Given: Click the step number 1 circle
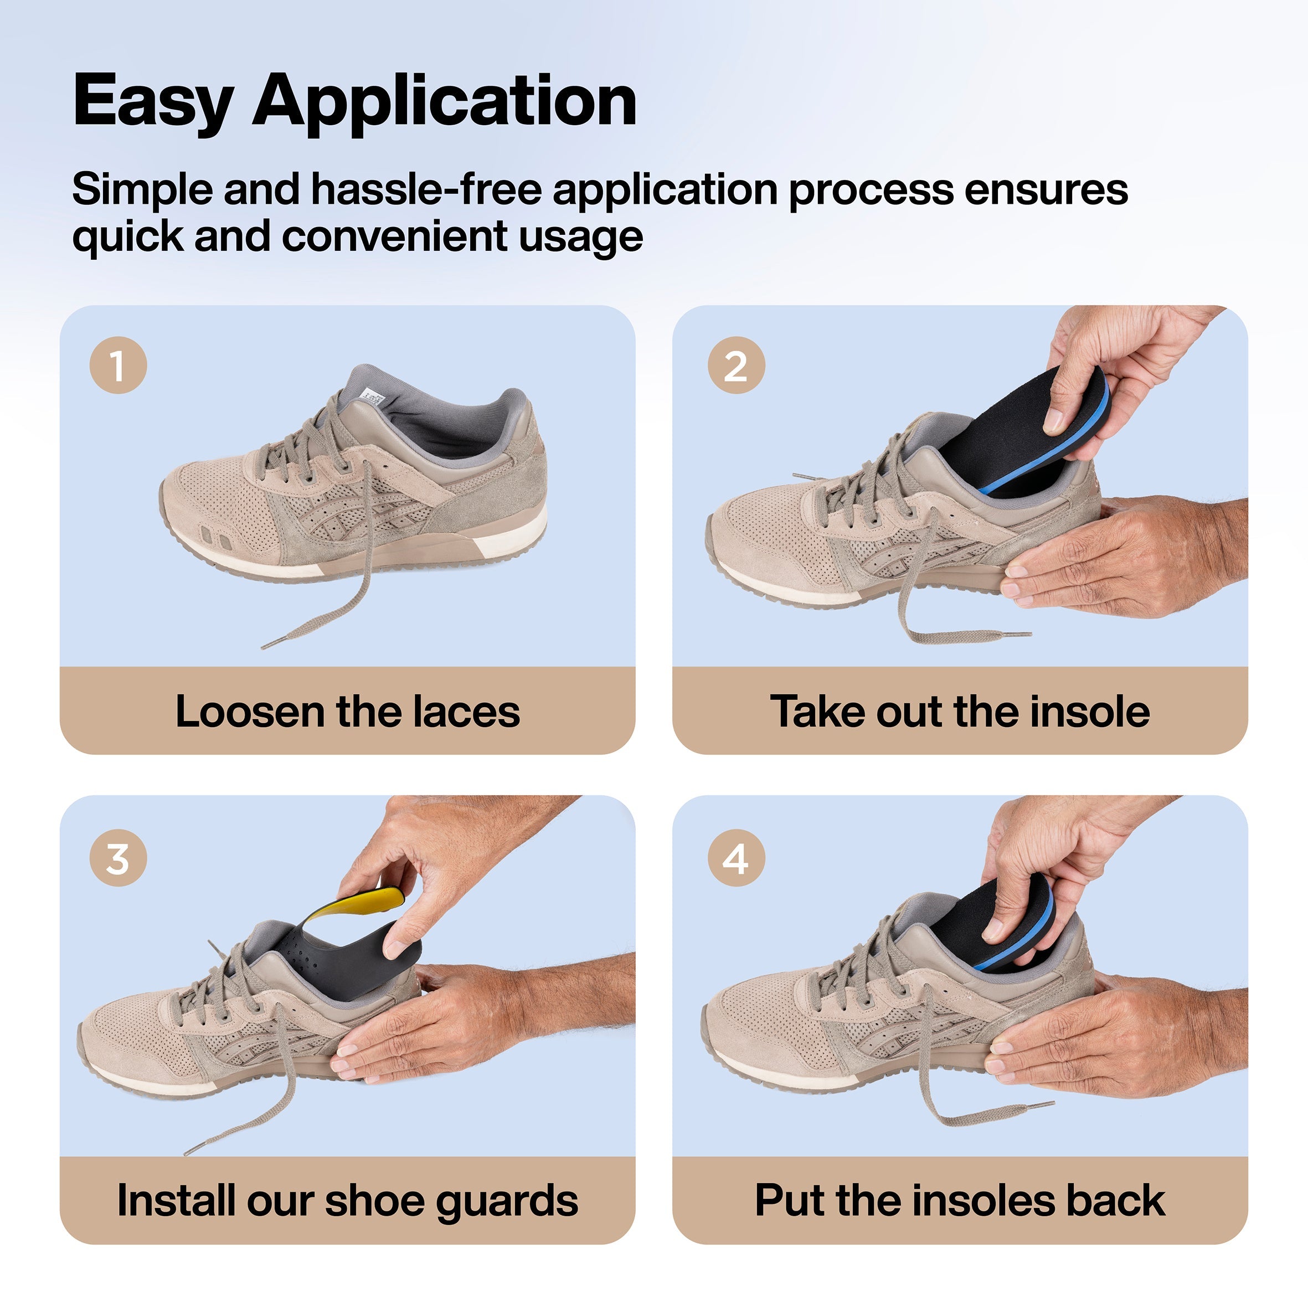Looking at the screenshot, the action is coord(118,365).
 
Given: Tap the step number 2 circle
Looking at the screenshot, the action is coord(736,365).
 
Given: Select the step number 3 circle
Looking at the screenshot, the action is coord(118,858).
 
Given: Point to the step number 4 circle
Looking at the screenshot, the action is coord(736,858).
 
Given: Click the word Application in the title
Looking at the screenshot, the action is coord(444,101).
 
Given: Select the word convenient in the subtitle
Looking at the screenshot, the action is coord(395,236).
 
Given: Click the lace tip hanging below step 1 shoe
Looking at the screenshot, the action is coord(270,642).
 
